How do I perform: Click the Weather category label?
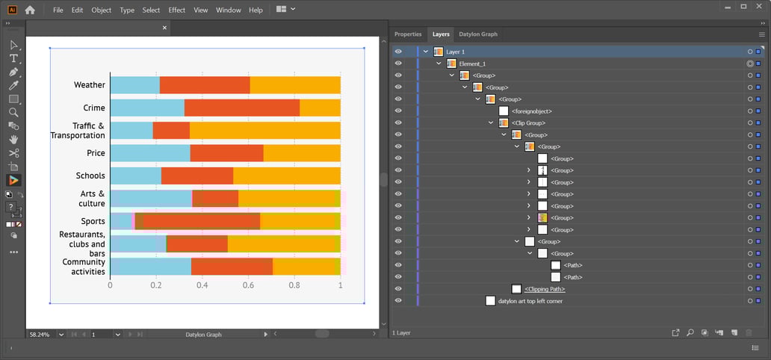click(x=89, y=85)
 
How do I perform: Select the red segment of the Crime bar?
click(x=241, y=108)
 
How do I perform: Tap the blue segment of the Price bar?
click(x=149, y=153)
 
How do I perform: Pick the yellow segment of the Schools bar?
click(x=286, y=176)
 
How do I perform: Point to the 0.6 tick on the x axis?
click(x=248, y=285)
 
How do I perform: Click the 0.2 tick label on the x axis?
click(x=156, y=285)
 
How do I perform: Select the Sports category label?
click(x=93, y=221)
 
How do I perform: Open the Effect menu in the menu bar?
click(x=177, y=10)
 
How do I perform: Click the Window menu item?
click(x=228, y=10)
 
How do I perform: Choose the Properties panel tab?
click(x=408, y=34)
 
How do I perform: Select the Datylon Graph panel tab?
click(x=478, y=34)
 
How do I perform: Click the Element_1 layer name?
click(x=472, y=63)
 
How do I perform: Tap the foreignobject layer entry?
click(x=531, y=111)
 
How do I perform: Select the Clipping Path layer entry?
click(x=544, y=289)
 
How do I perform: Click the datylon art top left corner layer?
click(x=530, y=301)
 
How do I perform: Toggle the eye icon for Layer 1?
click(x=398, y=52)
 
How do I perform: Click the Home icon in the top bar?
click(x=30, y=10)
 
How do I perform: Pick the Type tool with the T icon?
click(x=13, y=58)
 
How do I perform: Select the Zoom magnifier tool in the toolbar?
click(x=13, y=112)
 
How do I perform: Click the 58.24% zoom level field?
click(x=40, y=335)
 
